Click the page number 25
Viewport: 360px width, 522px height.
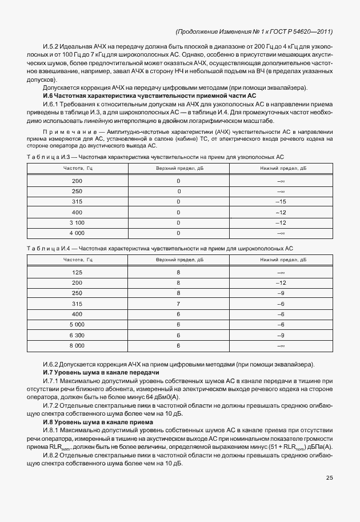[329, 478]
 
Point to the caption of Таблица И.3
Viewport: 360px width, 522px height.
[155, 156]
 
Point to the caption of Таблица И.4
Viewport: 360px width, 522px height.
[160, 248]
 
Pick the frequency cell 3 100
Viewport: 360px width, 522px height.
[77, 222]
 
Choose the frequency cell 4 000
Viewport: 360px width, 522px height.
[77, 233]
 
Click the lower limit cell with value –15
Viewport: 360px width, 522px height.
[281, 202]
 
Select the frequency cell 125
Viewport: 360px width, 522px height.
[77, 272]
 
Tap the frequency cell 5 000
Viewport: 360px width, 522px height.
[77, 325]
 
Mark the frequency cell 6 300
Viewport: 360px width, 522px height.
[77, 335]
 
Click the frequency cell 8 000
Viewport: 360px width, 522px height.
[77, 346]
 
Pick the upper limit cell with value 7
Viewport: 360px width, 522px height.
[179, 304]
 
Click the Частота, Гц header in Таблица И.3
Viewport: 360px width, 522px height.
[78, 168]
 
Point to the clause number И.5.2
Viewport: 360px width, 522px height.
[53, 45]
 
